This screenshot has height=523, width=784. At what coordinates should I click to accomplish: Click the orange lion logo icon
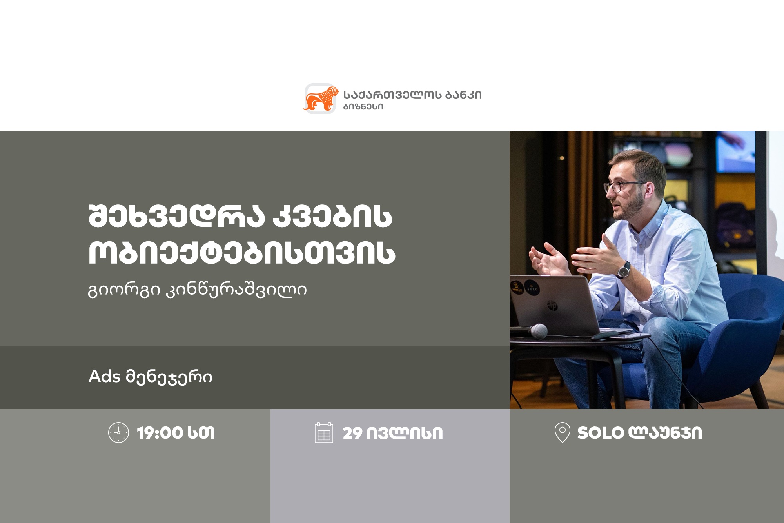pos(320,99)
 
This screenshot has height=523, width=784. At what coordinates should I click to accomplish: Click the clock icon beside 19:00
pos(118,433)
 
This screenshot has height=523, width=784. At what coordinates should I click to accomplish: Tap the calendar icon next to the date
pos(324,432)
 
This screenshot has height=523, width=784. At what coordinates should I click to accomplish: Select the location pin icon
pos(562,432)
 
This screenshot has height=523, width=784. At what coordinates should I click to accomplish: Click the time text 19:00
pos(160,433)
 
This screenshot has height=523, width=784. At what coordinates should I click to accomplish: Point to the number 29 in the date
pos(352,434)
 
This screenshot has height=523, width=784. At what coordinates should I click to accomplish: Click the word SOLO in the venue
pos(600,433)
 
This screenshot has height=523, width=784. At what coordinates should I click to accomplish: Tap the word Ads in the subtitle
pos(105,376)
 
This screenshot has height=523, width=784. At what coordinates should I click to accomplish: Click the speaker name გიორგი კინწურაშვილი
pos(198,290)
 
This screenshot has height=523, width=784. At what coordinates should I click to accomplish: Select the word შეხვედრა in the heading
pos(177,216)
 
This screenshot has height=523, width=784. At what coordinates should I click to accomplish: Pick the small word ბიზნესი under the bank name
pos(363,107)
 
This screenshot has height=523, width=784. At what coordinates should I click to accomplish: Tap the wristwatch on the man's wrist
pos(623,270)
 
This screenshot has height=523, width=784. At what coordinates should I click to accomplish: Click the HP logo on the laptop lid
pos(552,305)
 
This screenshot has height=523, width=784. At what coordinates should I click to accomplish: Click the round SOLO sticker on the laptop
pos(532,288)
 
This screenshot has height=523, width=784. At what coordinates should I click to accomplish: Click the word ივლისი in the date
pos(405,434)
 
